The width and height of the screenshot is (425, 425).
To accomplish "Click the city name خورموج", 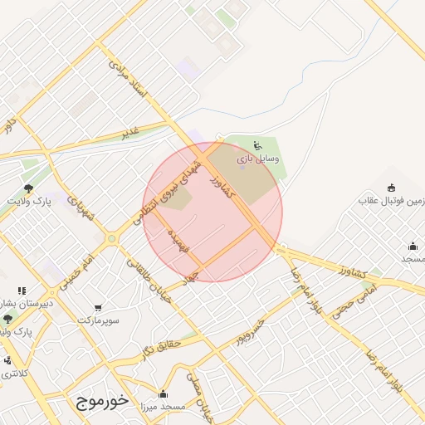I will tap(102, 401).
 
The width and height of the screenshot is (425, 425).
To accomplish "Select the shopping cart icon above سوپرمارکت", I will tap(99, 308).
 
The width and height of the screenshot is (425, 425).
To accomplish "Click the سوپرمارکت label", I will tap(99, 320).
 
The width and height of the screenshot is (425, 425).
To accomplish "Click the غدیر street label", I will tap(130, 131).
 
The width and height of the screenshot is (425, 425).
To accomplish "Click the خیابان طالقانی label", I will tap(147, 280).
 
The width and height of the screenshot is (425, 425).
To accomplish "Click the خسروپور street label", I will tap(248, 330).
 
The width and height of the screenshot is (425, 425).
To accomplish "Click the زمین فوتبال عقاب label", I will tap(392, 200).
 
